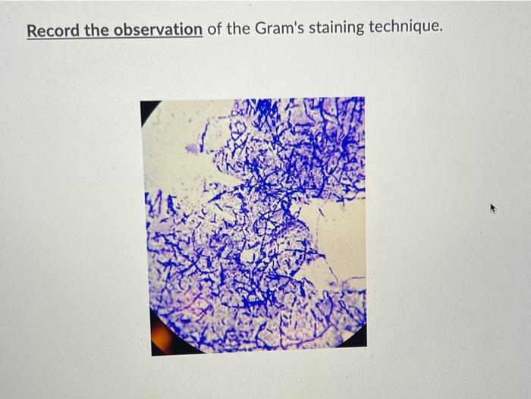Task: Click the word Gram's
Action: click(277, 30)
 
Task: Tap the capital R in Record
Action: click(32, 30)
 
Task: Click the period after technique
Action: click(439, 35)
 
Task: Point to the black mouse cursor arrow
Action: click(494, 207)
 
